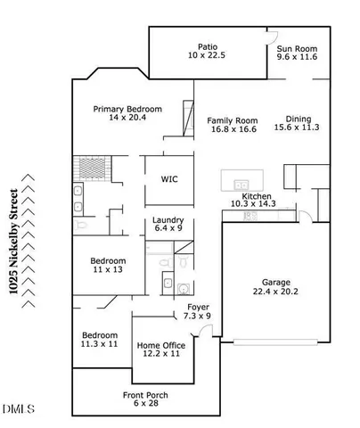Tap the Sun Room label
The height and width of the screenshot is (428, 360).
298,46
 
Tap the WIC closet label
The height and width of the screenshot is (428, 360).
168,179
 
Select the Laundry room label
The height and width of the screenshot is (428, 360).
168,220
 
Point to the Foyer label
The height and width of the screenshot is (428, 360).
197,307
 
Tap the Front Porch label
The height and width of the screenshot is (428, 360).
145,395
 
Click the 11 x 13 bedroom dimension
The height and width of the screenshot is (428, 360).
107,270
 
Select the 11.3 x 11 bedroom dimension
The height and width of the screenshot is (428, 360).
99,343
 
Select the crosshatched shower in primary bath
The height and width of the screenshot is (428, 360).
91,169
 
